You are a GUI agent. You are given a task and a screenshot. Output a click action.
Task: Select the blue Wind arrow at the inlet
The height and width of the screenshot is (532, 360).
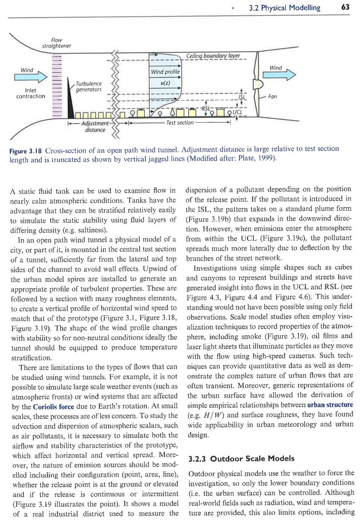30,77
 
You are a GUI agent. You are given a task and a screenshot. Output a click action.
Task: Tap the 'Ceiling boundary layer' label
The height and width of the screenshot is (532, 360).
212,56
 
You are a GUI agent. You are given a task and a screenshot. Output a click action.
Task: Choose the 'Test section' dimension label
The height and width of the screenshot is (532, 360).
180,123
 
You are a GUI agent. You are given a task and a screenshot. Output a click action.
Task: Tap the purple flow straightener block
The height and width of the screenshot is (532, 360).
56,85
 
